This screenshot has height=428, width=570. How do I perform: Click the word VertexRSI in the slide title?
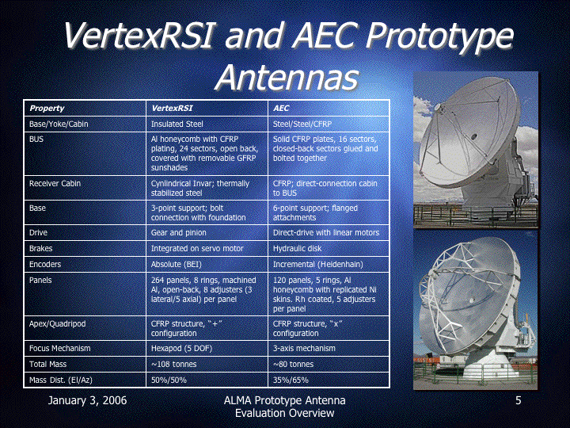point(138,36)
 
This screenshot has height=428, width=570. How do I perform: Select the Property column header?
point(47,108)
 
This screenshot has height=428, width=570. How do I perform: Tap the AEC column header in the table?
point(281,108)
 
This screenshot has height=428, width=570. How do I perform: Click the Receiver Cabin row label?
point(55,183)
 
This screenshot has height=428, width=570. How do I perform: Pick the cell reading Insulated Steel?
point(177,124)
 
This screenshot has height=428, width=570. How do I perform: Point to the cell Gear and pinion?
point(178,232)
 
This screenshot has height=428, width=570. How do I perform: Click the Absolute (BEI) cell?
point(177,264)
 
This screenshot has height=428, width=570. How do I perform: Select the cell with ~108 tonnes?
point(173,364)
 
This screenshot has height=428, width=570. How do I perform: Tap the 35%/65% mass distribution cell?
point(291,380)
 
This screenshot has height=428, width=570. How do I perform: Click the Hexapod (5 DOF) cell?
point(181,348)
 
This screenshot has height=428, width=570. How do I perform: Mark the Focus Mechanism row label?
point(59,348)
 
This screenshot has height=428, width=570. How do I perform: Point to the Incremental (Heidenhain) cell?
point(318,264)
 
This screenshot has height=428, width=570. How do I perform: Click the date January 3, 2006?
point(87,400)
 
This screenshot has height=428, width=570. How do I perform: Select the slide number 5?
point(519,400)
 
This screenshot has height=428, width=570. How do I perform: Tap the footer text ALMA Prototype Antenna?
point(285,400)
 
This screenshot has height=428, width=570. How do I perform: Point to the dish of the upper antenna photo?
point(469,133)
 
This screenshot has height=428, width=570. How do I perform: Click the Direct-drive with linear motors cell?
point(326,232)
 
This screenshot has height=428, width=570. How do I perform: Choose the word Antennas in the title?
point(287,78)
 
